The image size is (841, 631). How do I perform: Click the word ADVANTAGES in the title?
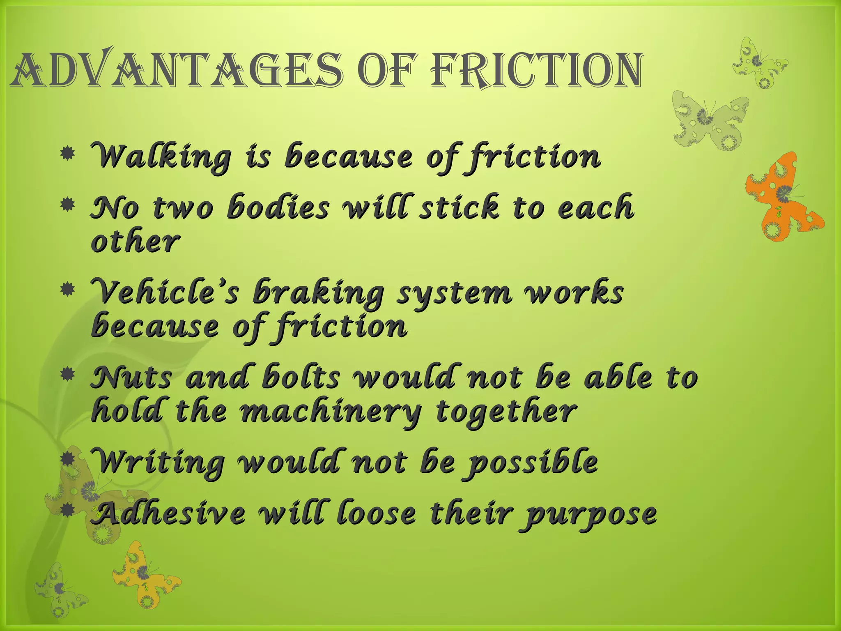(x=177, y=71)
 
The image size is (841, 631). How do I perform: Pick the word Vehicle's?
(x=164, y=292)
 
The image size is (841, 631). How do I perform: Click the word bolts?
(x=302, y=377)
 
